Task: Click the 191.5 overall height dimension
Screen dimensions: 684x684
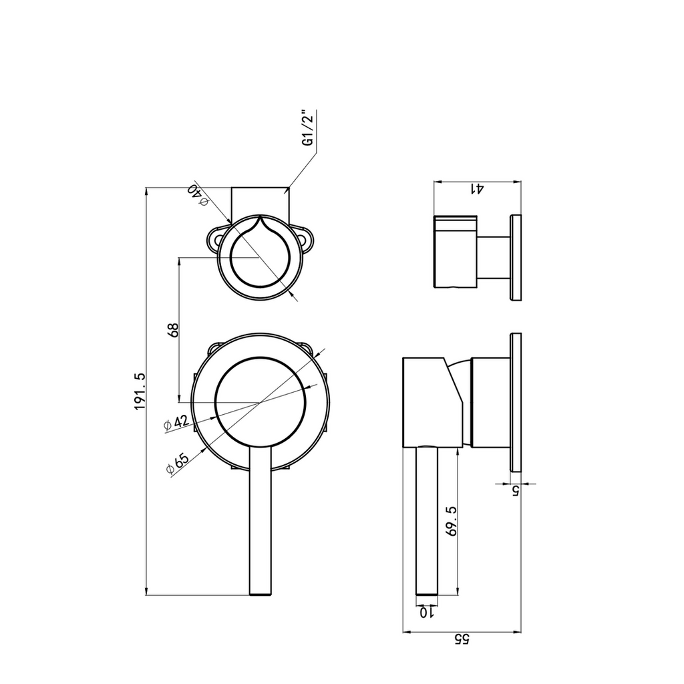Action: pos(139,391)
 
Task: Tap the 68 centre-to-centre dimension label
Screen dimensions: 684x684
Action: pos(173,330)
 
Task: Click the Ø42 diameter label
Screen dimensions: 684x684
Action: pos(176,423)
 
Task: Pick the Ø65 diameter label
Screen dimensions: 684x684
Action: pos(178,463)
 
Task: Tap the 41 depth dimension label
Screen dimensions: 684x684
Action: pos(477,189)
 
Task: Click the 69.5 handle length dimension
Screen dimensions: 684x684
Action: pos(451,521)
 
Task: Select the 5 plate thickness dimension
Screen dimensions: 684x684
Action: pos(516,491)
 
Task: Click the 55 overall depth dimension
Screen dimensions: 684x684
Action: pos(462,639)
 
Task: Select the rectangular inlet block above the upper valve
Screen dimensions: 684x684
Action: pos(260,203)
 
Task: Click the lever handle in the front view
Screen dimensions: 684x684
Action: pos(261,521)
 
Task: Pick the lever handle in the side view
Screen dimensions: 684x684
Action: pos(427,521)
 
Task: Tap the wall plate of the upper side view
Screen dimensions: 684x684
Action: pos(515,257)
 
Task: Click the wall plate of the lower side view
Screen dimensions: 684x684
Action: pos(515,401)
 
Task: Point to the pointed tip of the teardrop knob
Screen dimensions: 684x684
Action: pos(260,216)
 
